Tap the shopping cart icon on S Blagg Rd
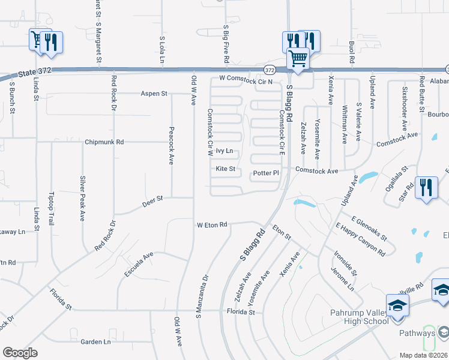point(298,59)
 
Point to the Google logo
point(20,353)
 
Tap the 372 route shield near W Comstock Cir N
point(270,70)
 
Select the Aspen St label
point(154,94)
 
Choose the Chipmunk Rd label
point(104,142)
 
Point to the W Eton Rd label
point(212,225)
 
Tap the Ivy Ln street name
point(224,151)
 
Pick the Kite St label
point(225,170)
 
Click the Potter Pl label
point(266,173)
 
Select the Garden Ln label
point(96,342)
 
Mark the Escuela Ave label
point(136,263)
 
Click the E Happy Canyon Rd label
point(361,239)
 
